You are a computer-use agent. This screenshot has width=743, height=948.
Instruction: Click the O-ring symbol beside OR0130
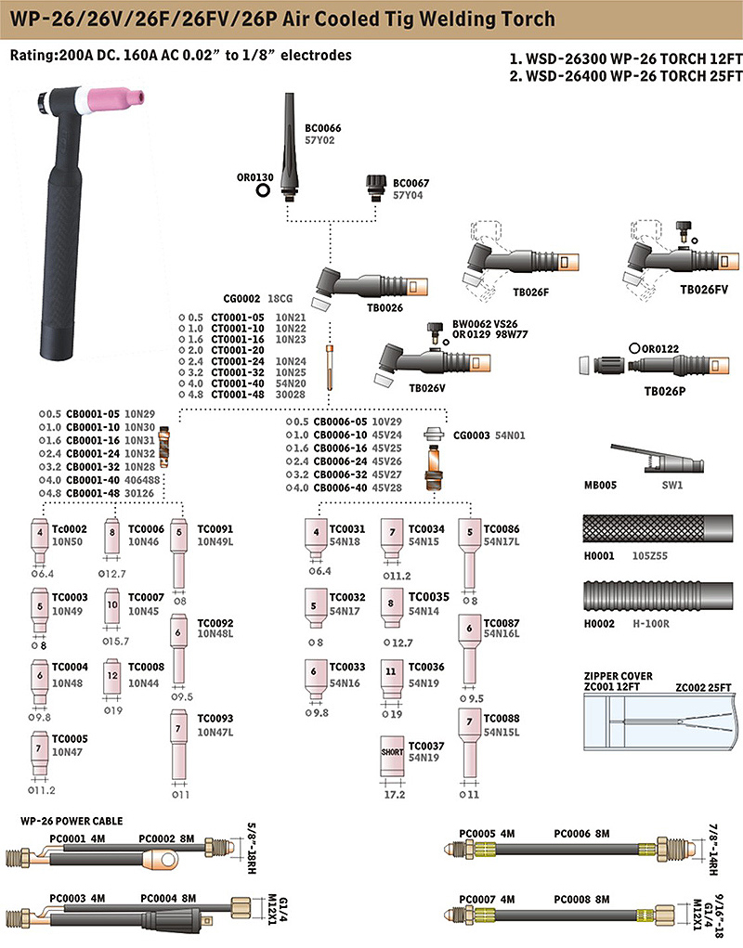pos(263,190)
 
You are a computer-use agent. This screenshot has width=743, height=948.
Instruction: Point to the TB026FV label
pos(704,290)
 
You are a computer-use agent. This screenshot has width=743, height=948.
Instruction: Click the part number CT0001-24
pos(238,361)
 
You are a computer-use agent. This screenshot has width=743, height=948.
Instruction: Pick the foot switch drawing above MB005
pos(658,459)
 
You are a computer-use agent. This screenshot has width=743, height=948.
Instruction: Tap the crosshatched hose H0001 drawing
pos(658,528)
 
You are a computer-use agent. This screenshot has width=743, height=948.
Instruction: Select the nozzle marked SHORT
pos(392,756)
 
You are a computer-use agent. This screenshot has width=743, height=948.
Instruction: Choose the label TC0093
pos(215,719)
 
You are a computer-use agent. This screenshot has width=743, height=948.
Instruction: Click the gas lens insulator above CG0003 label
pos(433,435)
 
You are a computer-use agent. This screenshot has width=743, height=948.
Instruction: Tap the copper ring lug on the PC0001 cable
pos(162,859)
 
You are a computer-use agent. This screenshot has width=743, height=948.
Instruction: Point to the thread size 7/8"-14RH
pos(712,850)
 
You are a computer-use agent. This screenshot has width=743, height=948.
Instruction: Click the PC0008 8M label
pos(581,899)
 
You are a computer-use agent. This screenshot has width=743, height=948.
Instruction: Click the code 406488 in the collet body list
pos(143,480)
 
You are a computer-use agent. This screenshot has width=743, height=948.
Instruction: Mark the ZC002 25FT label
pos(703,687)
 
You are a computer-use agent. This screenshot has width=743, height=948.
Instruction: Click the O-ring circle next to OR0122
pos(634,348)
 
